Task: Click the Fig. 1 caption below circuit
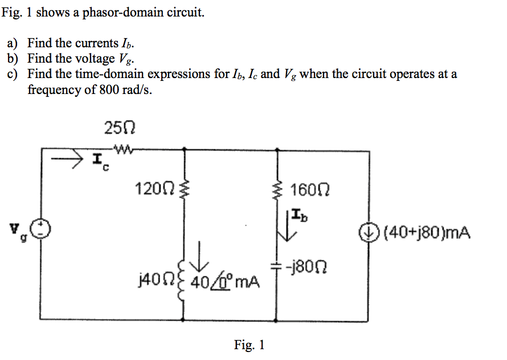(x=249, y=345)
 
